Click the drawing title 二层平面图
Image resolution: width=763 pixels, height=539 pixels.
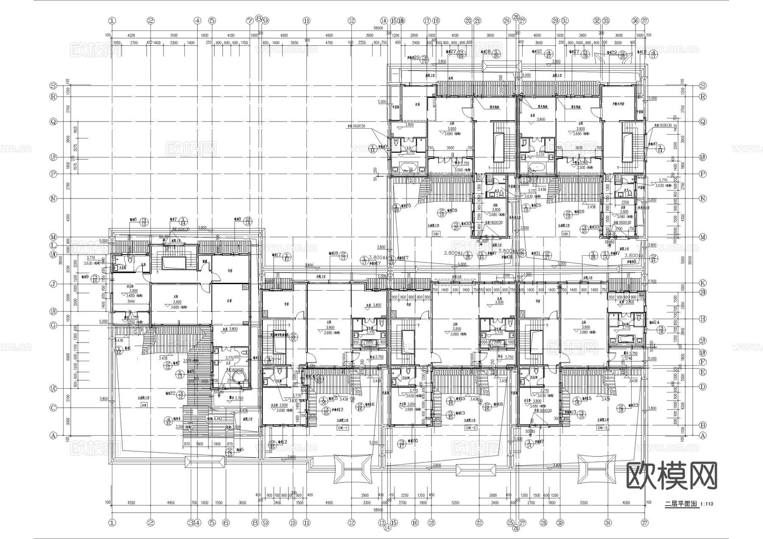(681, 504)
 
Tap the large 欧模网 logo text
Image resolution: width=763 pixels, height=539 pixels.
(672, 476)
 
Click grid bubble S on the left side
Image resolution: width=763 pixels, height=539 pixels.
(53, 85)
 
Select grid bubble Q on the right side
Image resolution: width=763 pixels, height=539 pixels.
(703, 122)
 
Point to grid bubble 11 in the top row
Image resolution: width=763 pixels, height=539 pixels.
(306, 20)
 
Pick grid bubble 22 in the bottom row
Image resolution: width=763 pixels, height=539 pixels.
(479, 523)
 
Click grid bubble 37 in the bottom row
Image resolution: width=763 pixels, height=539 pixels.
(645, 523)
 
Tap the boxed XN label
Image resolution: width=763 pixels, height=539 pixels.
(144, 405)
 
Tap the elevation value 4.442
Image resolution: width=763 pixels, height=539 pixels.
(218, 419)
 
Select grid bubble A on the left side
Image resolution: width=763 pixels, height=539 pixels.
(53, 435)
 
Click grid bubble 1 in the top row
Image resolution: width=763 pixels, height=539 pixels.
(112, 20)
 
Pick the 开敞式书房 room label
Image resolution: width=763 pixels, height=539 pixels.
(620, 104)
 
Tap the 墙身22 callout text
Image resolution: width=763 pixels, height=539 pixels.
(170, 393)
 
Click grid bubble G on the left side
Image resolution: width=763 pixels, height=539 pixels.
(53, 325)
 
